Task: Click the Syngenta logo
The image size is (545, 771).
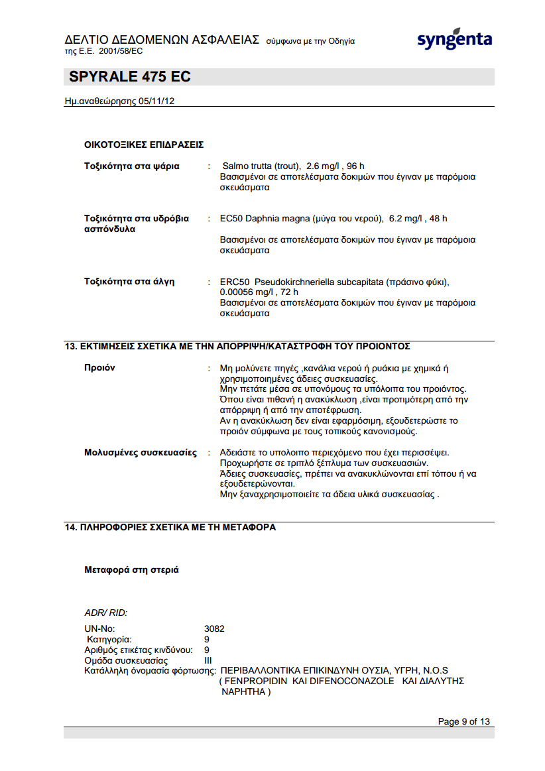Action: tap(454, 40)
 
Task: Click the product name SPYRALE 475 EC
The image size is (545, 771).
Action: tap(129, 77)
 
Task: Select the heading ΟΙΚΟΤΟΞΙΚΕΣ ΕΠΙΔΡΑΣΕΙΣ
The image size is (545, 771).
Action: tap(143, 144)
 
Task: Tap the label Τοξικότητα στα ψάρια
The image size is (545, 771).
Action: tap(131, 166)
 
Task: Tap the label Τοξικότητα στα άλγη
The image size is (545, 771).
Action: tap(129, 282)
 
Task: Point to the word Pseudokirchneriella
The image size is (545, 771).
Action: tap(292, 282)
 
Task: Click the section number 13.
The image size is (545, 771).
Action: tap(70, 346)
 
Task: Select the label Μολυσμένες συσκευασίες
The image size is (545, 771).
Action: tap(140, 453)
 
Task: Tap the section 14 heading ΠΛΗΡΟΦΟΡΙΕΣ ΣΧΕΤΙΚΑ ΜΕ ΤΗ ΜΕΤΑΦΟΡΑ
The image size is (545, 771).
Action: tap(177, 527)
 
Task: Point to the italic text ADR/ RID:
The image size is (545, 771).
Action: tap(105, 613)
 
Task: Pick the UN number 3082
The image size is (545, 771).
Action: tap(214, 628)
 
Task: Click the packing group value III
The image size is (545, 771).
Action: tap(208, 660)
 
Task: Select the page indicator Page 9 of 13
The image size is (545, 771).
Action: tap(464, 722)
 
